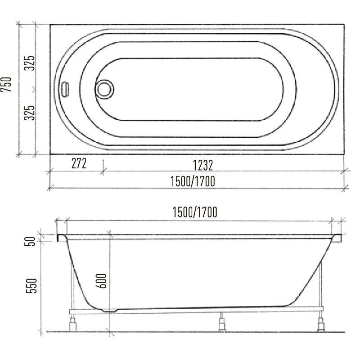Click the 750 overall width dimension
click(x=6, y=85)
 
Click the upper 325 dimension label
click(x=30, y=63)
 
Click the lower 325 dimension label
click(x=30, y=113)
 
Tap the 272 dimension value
click(x=79, y=163)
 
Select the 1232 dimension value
click(x=203, y=165)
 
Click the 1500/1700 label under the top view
click(x=193, y=181)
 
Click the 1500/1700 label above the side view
click(x=195, y=212)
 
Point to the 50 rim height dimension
click(x=30, y=241)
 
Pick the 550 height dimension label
click(x=31, y=286)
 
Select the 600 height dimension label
click(x=101, y=281)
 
